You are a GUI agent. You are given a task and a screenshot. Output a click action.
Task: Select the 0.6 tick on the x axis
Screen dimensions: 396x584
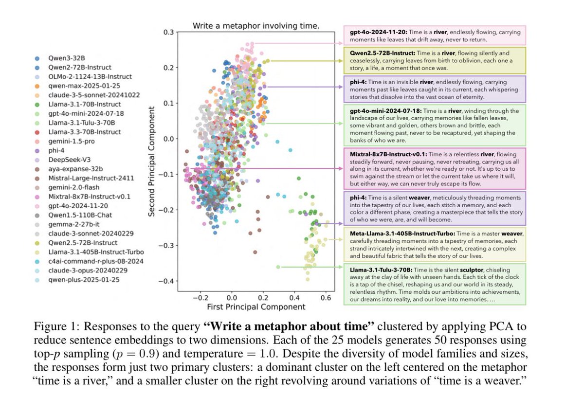pos(294,296)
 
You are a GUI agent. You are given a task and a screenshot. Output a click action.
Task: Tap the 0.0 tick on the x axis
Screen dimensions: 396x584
pos(232,296)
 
